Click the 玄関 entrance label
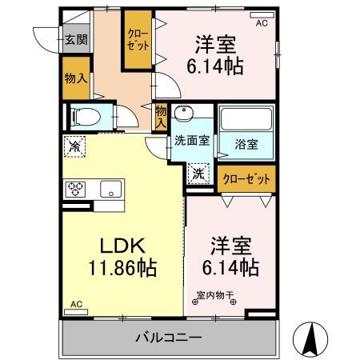[77, 40]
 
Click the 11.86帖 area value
[118, 267]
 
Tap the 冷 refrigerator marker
[75, 146]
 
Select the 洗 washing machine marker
[198, 172]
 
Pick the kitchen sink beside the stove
[110, 189]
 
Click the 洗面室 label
[192, 141]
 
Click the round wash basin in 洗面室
[185, 113]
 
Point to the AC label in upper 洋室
[262, 23]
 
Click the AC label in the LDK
[76, 305]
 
